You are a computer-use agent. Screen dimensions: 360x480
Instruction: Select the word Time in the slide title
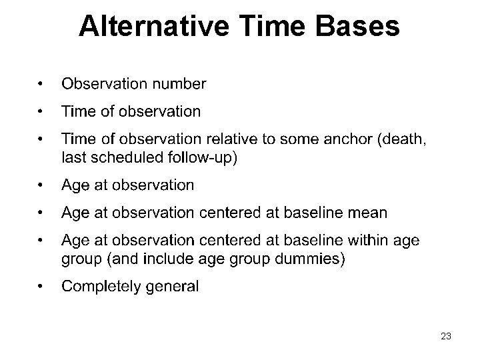click(x=266, y=26)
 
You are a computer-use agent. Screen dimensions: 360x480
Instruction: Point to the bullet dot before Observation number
click(x=41, y=84)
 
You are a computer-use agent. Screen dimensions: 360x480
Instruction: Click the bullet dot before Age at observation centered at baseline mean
click(x=41, y=213)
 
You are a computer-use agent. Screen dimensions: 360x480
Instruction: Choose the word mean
click(x=368, y=213)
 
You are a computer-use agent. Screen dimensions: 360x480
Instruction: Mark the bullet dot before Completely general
click(x=41, y=287)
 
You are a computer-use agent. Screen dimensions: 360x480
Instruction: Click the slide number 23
click(x=446, y=337)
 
